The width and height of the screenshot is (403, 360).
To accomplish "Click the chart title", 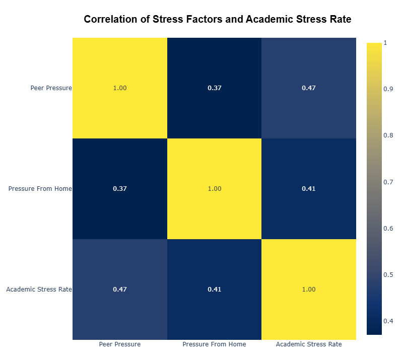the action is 218,19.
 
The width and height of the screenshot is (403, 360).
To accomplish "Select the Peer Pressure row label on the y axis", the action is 51,88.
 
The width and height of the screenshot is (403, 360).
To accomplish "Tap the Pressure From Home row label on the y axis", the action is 40,189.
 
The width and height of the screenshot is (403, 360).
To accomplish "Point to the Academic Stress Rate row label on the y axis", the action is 39,290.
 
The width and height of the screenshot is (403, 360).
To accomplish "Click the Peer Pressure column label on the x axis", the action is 120,344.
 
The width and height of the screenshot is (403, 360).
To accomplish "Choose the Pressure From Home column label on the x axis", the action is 215,344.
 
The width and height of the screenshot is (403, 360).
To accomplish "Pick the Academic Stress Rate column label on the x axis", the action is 309,344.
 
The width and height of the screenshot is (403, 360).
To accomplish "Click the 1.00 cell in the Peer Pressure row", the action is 120,88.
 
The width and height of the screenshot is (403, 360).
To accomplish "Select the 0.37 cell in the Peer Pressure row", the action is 215,88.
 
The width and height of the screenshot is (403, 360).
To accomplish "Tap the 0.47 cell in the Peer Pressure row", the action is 309,88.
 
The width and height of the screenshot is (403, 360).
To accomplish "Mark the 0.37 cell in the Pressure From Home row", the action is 120,189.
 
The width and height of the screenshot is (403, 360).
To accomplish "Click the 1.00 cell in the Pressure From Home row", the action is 215,189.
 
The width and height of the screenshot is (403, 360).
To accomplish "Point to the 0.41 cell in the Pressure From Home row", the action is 309,189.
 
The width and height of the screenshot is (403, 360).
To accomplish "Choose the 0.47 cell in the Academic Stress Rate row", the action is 120,290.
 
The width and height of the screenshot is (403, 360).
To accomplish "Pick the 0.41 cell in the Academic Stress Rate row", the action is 215,290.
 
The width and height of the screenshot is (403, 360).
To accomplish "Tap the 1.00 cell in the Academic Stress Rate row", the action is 309,290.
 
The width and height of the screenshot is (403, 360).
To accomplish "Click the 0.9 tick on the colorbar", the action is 388,89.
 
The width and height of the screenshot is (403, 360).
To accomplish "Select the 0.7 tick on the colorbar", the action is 388,182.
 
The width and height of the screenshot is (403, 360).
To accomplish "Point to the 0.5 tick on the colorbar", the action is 388,275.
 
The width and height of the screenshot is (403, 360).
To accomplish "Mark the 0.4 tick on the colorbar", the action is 388,321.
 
